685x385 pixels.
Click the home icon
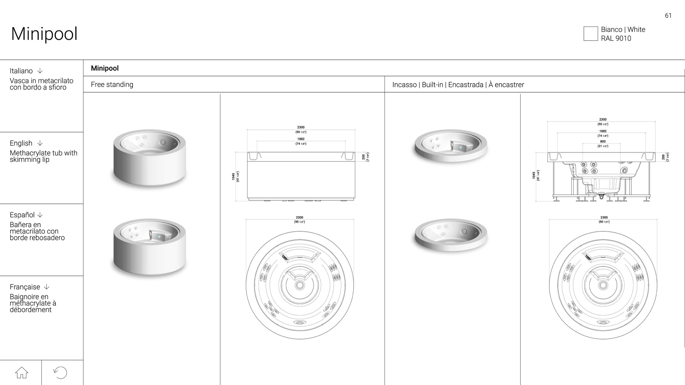coord(22,372)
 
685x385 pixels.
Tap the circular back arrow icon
coord(60,372)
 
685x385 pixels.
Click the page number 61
coord(668,16)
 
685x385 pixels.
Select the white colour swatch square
coord(590,34)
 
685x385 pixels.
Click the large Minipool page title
coord(44,34)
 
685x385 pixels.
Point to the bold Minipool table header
coord(105,68)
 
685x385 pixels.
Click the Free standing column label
coord(112,85)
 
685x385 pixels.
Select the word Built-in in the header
coord(432,85)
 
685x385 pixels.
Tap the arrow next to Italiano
coord(40,71)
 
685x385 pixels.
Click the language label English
coord(21,143)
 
